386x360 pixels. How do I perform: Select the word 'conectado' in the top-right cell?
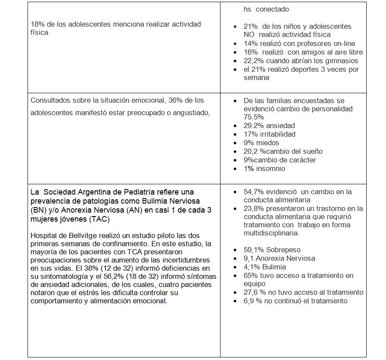click(x=274, y=9)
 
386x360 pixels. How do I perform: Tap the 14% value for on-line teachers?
click(x=250, y=43)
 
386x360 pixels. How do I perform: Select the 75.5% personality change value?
click(x=254, y=117)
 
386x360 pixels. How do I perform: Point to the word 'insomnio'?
click(x=271, y=168)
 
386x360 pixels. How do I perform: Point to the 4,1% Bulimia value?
click(x=252, y=267)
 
